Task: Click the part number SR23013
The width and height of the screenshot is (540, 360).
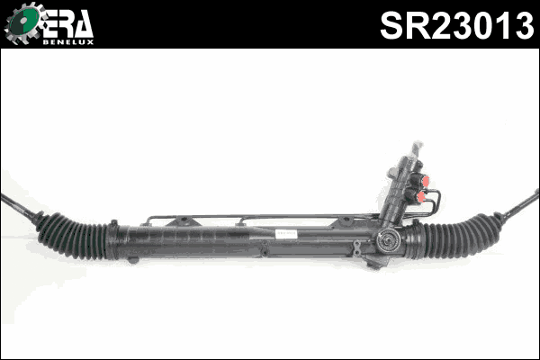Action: tap(456, 24)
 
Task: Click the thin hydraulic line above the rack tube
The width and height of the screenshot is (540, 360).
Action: tap(270, 217)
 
